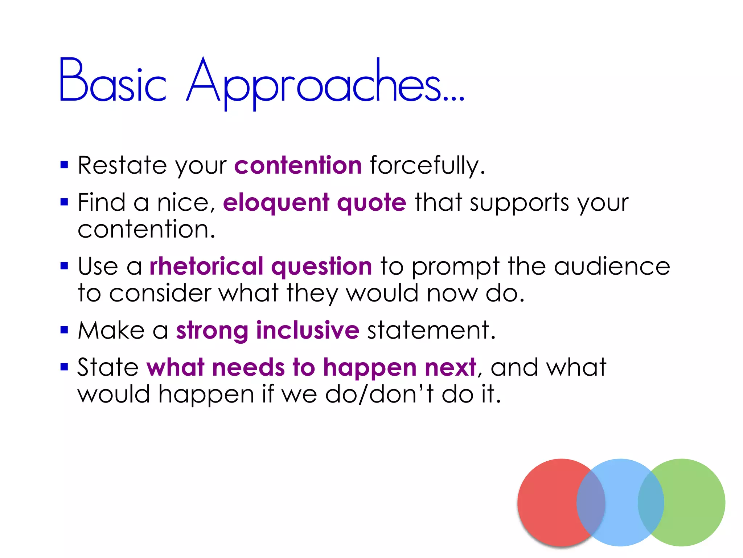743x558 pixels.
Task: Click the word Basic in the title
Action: [112, 81]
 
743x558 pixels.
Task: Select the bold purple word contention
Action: [298, 165]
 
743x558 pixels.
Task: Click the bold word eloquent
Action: [276, 203]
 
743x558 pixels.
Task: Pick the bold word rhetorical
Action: [206, 266]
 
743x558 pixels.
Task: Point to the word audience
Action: [612, 266]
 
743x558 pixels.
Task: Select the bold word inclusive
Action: [308, 330]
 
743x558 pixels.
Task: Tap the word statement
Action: [431, 330]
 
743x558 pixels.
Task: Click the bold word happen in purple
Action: [370, 368]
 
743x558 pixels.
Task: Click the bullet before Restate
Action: [64, 165]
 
